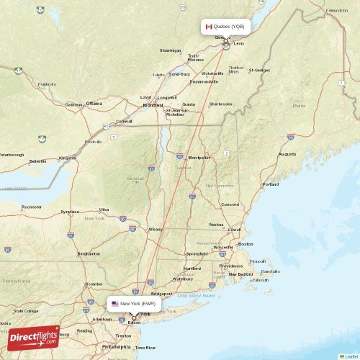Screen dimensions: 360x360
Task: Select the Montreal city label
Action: point(153,105)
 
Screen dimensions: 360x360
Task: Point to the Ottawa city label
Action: point(94,104)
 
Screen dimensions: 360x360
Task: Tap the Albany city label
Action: point(155,229)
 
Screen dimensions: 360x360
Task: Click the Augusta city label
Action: point(287,154)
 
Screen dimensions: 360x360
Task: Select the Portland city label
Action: point(271,184)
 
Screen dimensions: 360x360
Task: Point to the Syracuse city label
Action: point(70,212)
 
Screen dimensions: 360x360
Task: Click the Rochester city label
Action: point(32,207)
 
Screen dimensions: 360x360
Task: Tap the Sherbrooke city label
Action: point(220,104)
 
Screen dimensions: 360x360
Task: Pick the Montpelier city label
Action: point(199,157)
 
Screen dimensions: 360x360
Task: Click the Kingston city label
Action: point(68,158)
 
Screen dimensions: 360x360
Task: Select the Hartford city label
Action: point(192,268)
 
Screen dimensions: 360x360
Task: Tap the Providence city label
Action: point(231,266)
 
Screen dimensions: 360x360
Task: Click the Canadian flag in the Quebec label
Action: point(209,27)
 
